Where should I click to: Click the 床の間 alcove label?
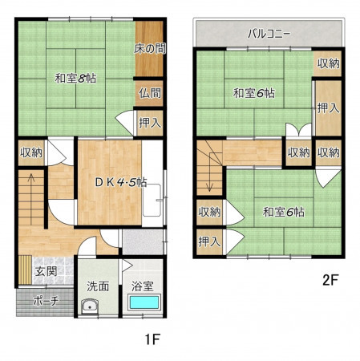150,49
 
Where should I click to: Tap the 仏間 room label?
150,93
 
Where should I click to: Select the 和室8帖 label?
75,79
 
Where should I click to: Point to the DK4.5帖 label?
121,182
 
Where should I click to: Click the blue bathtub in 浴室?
144,302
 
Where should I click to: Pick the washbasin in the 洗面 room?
90,306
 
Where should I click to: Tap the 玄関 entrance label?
47,272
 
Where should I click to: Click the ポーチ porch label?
46,302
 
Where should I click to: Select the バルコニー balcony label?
269,34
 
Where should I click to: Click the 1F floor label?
152,339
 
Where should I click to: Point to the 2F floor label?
330,280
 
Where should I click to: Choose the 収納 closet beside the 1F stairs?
31,152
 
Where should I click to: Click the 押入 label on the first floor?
150,123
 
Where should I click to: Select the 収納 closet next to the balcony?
329,63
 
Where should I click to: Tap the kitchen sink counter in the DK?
152,200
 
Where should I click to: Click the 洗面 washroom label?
98,286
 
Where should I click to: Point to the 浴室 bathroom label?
143,286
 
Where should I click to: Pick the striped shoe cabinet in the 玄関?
25,270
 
